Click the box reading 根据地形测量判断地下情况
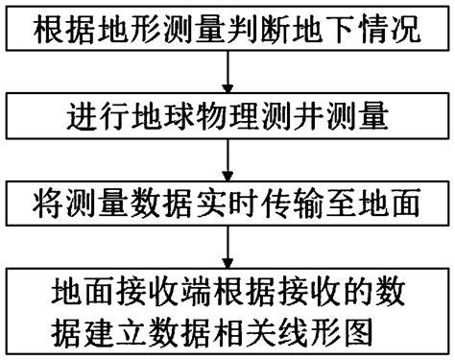click(227, 31)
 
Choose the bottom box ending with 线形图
click(227, 308)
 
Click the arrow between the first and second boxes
click(227, 75)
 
